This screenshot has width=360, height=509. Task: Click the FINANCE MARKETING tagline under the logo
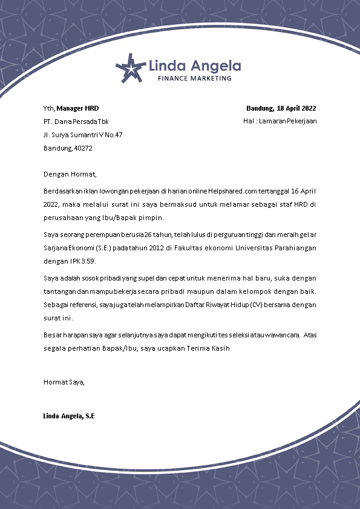[x=194, y=79]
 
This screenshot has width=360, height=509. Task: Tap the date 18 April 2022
[x=296, y=109]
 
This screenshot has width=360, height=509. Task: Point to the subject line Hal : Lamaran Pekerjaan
[x=280, y=121]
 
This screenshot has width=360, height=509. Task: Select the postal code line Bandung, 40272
[x=68, y=148]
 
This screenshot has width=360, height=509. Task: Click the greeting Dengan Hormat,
[x=70, y=175]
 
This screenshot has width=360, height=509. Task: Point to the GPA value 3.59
[x=88, y=261]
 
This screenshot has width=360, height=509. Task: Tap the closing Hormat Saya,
[x=64, y=381]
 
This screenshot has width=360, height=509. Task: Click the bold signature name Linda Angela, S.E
[x=69, y=416]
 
